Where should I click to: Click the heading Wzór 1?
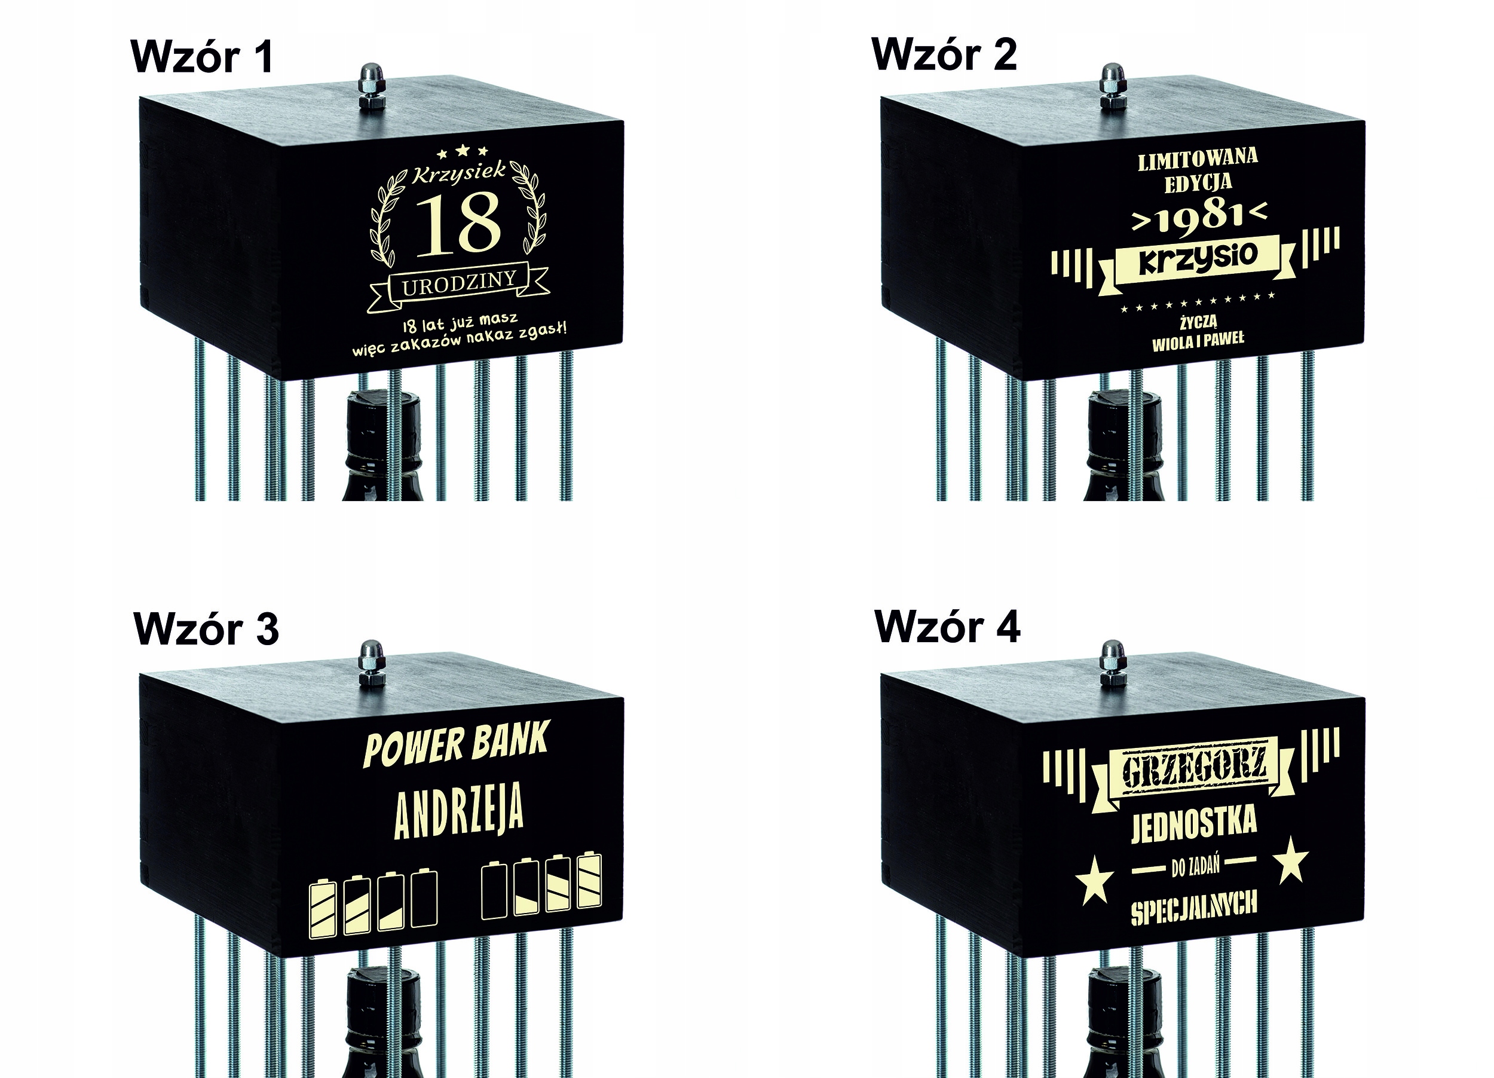(202, 57)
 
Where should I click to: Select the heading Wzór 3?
(206, 629)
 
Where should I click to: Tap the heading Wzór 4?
(947, 627)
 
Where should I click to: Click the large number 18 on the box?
(458, 225)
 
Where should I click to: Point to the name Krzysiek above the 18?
(459, 173)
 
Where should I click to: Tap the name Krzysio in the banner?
(1198, 258)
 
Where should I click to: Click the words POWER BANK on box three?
(456, 744)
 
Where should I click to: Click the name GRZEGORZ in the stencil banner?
(1193, 768)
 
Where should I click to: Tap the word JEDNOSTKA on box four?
(1193, 824)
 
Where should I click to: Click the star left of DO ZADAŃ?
(1094, 879)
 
